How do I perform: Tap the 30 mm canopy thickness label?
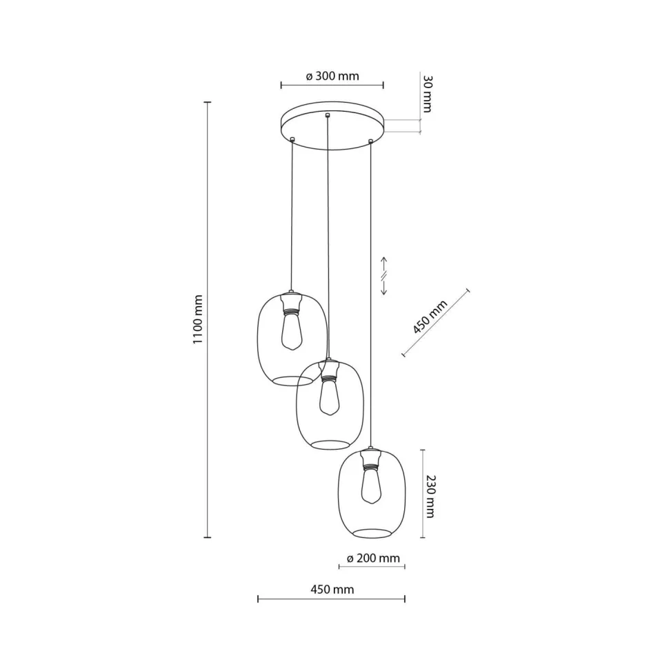click(427, 94)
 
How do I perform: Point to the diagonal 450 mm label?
click(430, 317)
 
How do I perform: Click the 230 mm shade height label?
click(430, 496)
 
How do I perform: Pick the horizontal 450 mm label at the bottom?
click(332, 590)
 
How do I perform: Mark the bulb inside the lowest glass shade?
click(371, 486)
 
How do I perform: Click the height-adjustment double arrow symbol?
click(384, 276)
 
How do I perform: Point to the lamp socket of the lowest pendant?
click(371, 457)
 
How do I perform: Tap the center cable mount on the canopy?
click(328, 116)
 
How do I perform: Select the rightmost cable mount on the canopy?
click(371, 141)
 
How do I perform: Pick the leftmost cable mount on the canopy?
click(292, 140)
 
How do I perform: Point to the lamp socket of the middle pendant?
click(329, 371)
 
